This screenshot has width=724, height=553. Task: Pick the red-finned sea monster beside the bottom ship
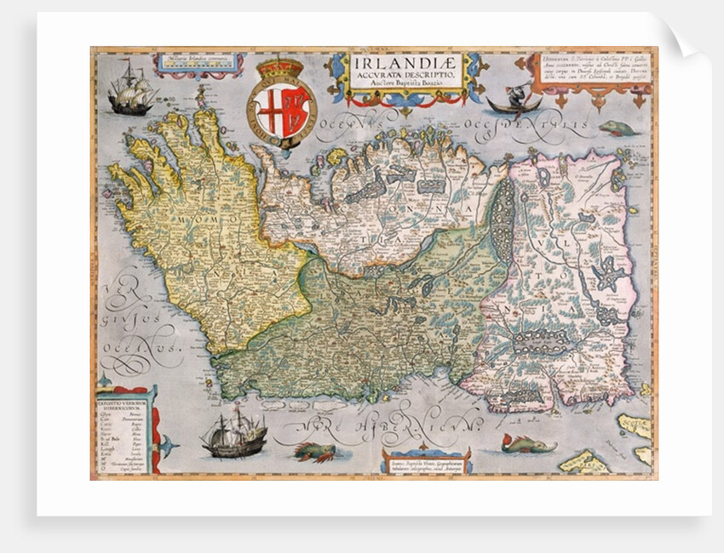(314, 451)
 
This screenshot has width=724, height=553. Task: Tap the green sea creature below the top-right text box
(618, 128)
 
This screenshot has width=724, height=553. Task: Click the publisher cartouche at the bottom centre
(425, 460)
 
